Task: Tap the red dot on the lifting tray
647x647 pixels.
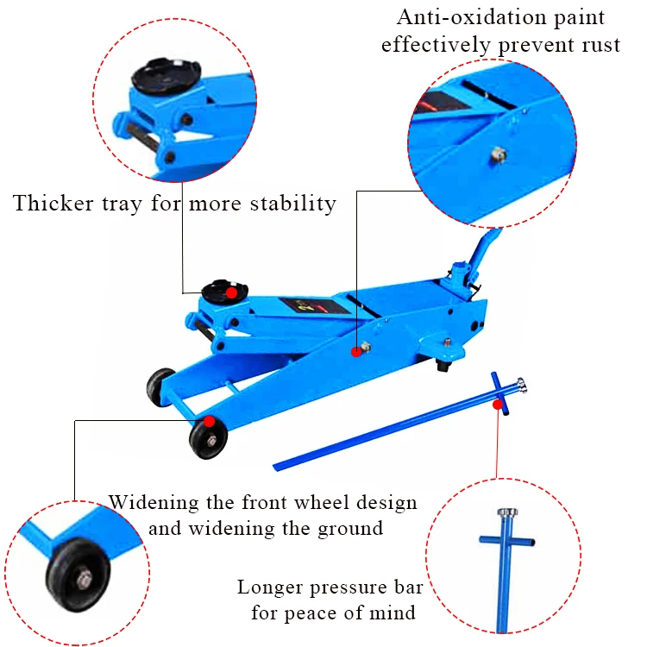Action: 230,293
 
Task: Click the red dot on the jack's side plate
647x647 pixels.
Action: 355,351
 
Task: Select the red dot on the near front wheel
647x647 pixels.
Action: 210,422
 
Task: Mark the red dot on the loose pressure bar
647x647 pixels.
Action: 498,403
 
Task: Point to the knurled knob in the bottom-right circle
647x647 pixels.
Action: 506,514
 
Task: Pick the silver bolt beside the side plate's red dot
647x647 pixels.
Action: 367,347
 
